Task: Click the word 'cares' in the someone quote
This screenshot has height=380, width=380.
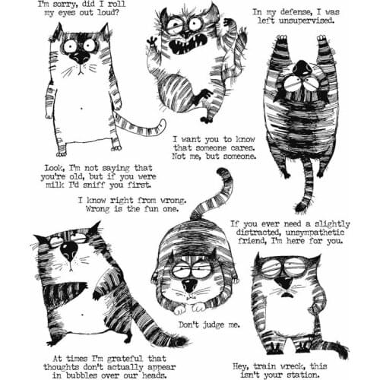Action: coord(244,150)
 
